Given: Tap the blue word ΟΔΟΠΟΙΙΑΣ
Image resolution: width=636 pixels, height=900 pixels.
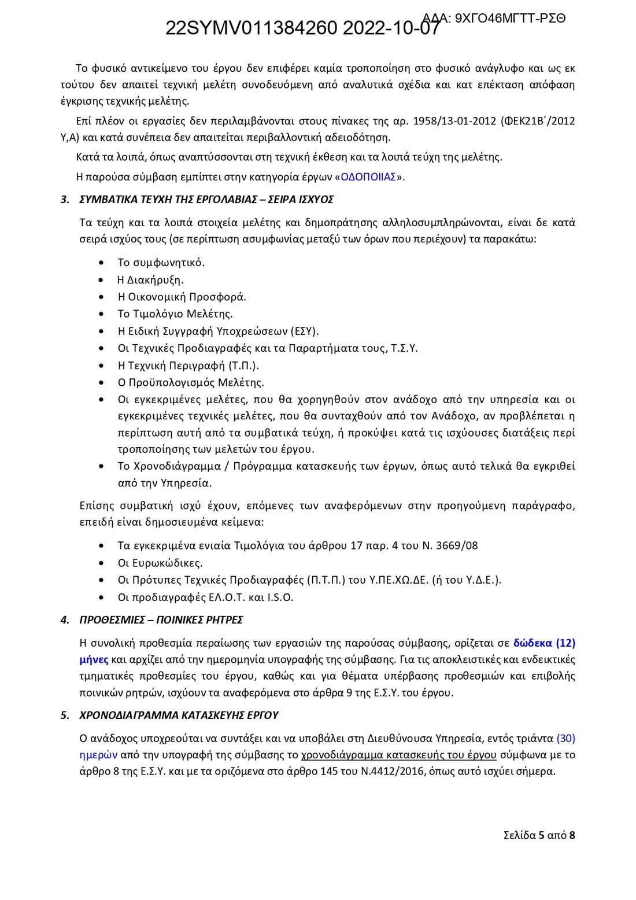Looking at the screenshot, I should [x=368, y=177].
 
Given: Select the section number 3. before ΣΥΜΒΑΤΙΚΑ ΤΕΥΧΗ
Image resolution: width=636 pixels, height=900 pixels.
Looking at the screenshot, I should [x=65, y=200].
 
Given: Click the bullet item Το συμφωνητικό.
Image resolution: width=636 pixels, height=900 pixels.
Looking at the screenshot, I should [x=161, y=263].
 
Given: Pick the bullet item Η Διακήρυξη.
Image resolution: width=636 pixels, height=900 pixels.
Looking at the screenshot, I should [x=150, y=280].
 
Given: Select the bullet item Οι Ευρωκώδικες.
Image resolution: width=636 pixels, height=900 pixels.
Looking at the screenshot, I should [x=160, y=563].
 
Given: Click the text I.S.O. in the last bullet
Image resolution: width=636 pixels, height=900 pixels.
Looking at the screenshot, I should [x=280, y=597].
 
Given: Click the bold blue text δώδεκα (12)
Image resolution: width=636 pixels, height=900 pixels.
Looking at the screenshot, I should [x=544, y=643].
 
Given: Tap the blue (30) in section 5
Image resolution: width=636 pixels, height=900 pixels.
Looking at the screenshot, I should [x=565, y=738].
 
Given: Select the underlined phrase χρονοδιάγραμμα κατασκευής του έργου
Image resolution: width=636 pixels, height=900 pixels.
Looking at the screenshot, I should [x=398, y=755].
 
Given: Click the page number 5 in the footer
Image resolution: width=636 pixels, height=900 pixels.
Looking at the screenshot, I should [x=541, y=835].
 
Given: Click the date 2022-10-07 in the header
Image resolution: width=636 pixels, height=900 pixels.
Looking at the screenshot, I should [x=391, y=28].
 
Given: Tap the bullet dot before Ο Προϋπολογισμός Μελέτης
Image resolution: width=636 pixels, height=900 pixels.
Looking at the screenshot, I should [x=102, y=382].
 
